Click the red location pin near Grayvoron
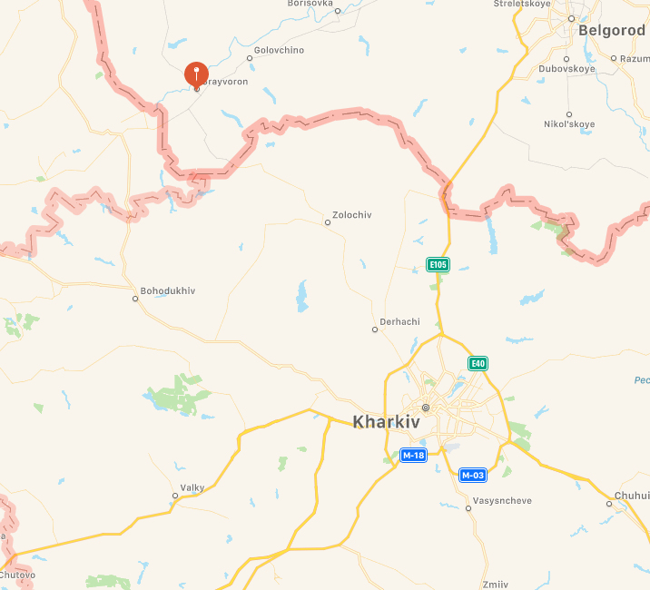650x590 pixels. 196,74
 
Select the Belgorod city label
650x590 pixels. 613,30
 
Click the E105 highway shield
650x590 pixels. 438,265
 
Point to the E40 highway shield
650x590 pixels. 478,363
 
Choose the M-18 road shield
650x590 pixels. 413,455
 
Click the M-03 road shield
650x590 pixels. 472,475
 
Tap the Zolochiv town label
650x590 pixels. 353,215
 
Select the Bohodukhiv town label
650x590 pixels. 168,290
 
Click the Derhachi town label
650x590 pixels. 399,322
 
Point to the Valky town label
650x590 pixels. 192,488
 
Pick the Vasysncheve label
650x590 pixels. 502,500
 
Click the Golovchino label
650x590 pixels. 279,50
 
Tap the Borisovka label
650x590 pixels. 310,4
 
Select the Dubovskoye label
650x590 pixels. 566,68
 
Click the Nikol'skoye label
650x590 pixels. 569,123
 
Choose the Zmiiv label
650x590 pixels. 497,584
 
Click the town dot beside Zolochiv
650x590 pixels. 328,222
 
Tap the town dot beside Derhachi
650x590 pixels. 375,329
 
